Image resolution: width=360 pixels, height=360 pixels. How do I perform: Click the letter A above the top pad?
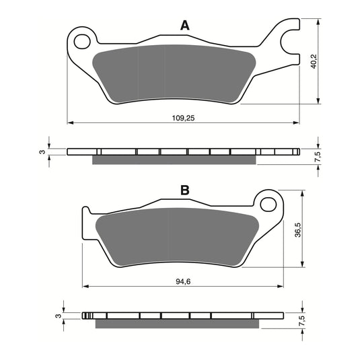[184, 26]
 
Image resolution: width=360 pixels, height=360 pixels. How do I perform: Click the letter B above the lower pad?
[184, 191]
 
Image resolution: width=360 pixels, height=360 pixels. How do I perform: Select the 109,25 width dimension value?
[184, 117]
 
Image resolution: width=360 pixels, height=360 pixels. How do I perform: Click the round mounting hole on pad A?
[83, 41]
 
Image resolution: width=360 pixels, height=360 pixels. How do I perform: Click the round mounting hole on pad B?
[268, 203]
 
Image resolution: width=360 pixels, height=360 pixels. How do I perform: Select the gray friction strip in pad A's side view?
[174, 159]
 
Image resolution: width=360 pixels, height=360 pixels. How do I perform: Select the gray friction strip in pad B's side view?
[176, 324]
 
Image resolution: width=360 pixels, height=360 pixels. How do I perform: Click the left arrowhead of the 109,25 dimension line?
[70, 122]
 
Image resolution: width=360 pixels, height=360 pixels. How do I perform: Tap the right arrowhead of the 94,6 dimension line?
[281, 286]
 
